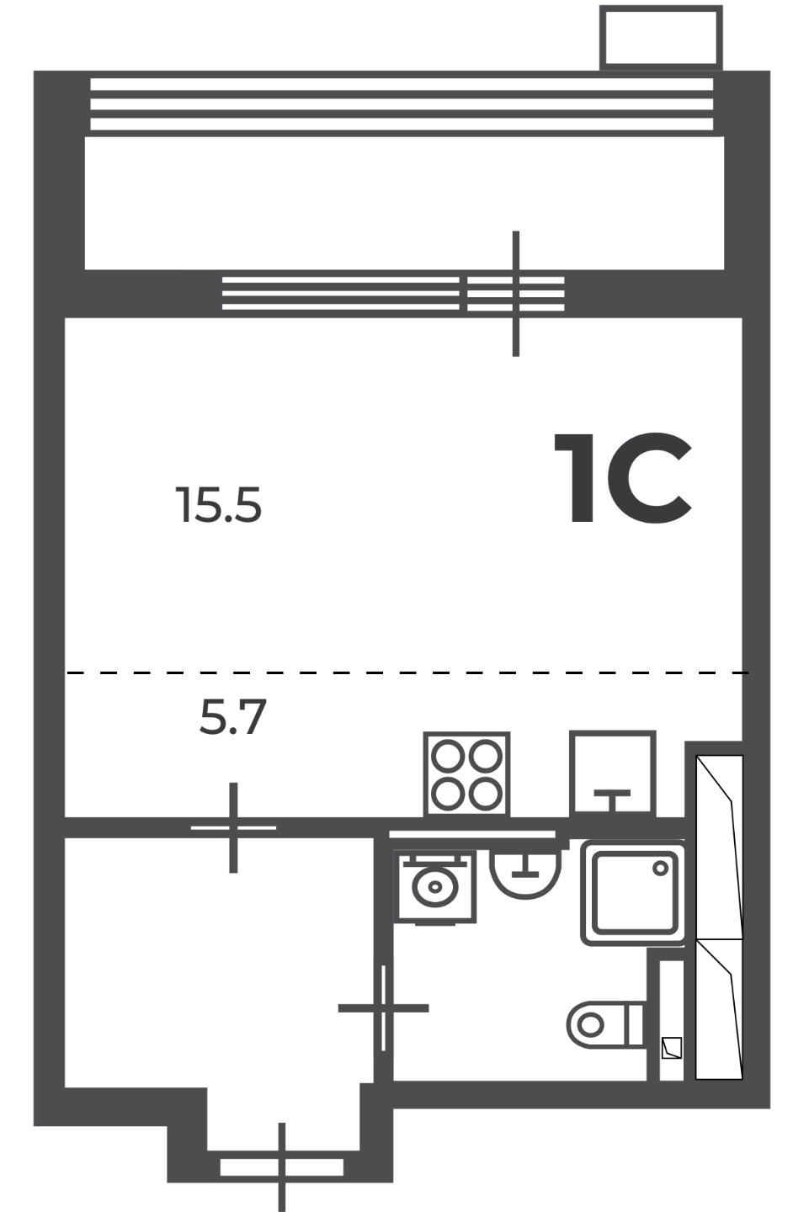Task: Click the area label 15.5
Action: point(219,505)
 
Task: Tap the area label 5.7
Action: point(232,716)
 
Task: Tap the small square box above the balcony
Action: point(662,37)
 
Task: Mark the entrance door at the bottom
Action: point(281,1167)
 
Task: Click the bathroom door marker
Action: point(383,1008)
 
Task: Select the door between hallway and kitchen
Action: point(233,828)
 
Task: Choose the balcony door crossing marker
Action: point(516,294)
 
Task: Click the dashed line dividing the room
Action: point(407,673)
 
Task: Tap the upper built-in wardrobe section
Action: point(719,847)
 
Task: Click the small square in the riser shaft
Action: point(672,1048)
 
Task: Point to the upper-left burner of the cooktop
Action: point(449,756)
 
